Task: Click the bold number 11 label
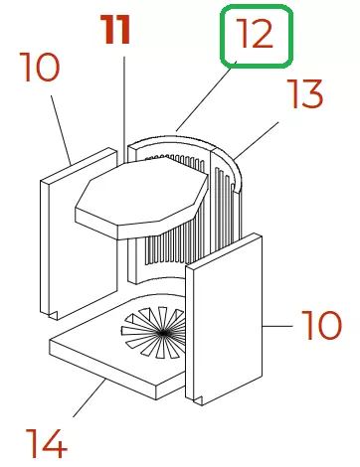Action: click(x=116, y=30)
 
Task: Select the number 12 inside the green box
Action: click(x=256, y=33)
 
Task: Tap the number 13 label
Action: click(x=305, y=93)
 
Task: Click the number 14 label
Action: click(x=46, y=443)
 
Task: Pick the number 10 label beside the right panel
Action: click(x=321, y=325)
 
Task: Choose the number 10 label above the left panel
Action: click(x=40, y=67)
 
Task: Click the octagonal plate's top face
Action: click(x=142, y=192)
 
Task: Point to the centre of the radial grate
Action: click(x=163, y=333)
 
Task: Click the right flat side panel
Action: click(x=224, y=320)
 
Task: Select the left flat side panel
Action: click(x=79, y=233)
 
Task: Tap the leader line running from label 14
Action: click(x=90, y=397)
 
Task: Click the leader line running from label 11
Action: click(x=124, y=109)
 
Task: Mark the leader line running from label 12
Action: click(x=206, y=96)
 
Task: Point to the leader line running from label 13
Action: click(x=256, y=140)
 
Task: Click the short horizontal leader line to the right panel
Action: click(x=277, y=326)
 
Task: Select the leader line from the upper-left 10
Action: click(x=61, y=130)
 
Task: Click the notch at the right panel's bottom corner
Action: click(x=198, y=400)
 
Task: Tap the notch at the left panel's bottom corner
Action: click(x=53, y=315)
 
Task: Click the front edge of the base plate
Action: click(x=102, y=371)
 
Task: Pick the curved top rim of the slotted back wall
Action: click(x=186, y=141)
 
